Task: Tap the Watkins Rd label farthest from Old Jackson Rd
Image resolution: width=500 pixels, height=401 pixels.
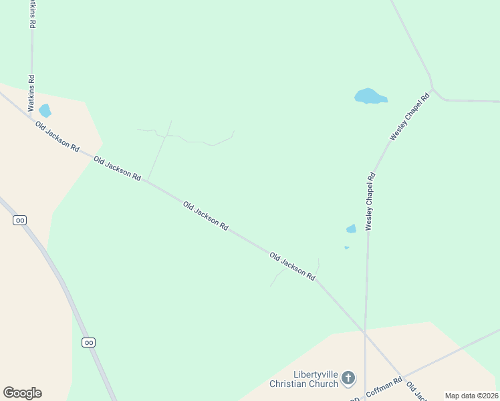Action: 31,13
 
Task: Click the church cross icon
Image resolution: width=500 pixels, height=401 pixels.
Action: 348,379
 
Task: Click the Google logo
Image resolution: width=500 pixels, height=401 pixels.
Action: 22,393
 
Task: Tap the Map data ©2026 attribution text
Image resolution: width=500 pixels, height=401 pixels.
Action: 471,396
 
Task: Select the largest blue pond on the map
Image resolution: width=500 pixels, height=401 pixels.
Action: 370,96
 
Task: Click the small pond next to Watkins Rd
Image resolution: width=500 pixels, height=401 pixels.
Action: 45,110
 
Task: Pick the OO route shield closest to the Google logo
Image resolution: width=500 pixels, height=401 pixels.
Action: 89,342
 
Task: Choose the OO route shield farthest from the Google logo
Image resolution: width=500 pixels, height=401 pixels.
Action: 19,220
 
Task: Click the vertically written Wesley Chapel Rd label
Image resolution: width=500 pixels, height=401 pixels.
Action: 370,201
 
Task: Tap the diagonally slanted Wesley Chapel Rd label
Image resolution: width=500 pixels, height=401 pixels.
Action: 409,116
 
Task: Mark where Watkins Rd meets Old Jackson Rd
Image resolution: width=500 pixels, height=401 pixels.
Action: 31,118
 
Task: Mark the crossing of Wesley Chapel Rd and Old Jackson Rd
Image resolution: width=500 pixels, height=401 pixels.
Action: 364,332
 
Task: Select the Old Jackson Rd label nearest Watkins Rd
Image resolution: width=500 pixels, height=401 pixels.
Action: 57,136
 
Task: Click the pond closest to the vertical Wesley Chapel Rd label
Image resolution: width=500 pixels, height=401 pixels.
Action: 351,229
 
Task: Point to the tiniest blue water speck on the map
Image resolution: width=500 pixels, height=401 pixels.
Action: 346,248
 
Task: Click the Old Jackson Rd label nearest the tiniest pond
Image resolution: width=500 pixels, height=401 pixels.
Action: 292,265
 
